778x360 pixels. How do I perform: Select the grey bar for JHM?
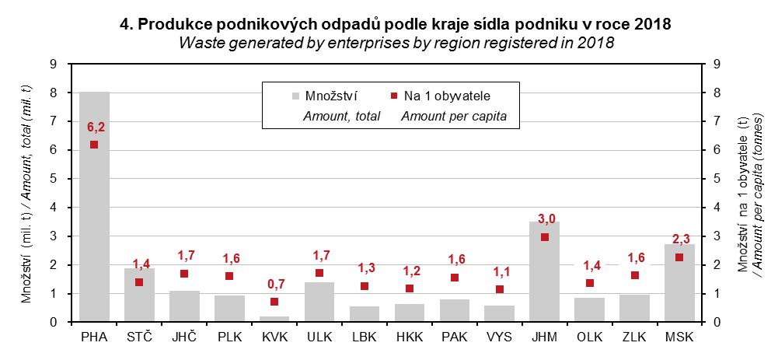pyautogui.click(x=544, y=272)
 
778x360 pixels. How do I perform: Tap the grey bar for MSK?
pyautogui.click(x=679, y=283)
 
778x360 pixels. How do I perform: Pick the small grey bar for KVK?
pyautogui.click(x=274, y=319)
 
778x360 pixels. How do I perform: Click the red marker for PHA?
pyautogui.click(x=94, y=145)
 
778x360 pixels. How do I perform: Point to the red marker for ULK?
pyautogui.click(x=319, y=273)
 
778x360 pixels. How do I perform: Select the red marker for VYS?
pyautogui.click(x=500, y=289)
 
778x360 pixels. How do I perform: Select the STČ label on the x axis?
pyautogui.click(x=139, y=337)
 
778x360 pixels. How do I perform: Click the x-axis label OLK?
pyautogui.click(x=589, y=337)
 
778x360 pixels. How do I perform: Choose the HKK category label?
pyautogui.click(x=410, y=337)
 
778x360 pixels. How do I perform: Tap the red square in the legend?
pyautogui.click(x=393, y=96)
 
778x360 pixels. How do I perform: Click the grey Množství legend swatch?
pyautogui.click(x=295, y=96)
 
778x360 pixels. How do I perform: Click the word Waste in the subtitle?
pyautogui.click(x=198, y=43)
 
